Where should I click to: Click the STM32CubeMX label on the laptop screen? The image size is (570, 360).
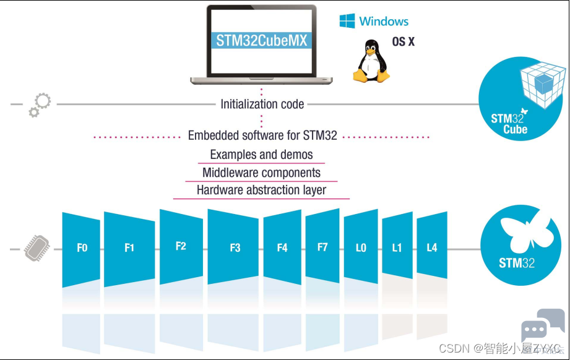tap(261, 40)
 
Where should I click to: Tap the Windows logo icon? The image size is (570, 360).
tap(347, 20)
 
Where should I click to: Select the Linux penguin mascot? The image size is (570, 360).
tap(371, 61)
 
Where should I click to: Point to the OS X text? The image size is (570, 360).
tap(403, 42)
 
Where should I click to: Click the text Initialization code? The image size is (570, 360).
tap(262, 105)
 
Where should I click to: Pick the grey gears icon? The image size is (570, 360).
tap(40, 105)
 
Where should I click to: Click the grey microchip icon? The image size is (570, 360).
tap(37, 248)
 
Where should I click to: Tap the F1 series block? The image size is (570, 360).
tap(129, 249)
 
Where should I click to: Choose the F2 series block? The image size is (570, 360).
tap(181, 247)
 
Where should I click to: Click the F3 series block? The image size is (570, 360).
tap(233, 247)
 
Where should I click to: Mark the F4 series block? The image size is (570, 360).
tap(282, 247)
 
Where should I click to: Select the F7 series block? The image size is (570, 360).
tap(322, 246)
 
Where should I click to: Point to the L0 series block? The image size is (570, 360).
tap(361, 247)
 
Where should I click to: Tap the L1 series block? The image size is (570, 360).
tap(397, 247)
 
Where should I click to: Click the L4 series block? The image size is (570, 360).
tap(432, 247)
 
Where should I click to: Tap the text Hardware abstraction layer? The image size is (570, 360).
tap(261, 190)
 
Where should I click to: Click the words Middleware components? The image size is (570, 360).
tap(261, 173)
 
